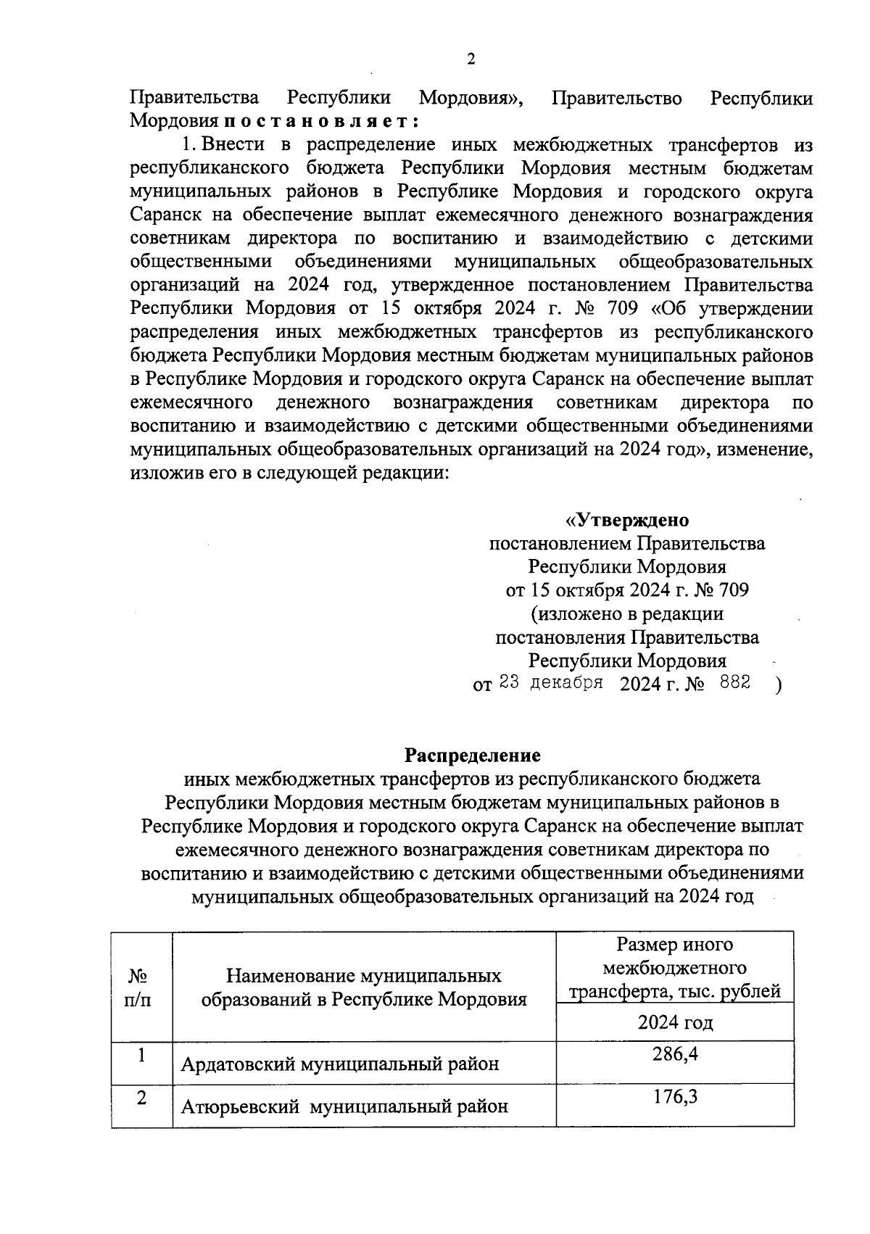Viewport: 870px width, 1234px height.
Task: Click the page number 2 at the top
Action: coord(471,60)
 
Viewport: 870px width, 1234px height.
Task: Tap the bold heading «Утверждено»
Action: coord(627,521)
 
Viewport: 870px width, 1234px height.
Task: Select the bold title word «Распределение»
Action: coord(472,755)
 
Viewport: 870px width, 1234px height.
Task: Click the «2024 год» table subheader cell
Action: coord(674,1023)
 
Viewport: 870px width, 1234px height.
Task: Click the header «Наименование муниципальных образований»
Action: coord(363,987)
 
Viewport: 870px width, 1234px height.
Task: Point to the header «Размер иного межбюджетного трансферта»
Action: coord(674,968)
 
